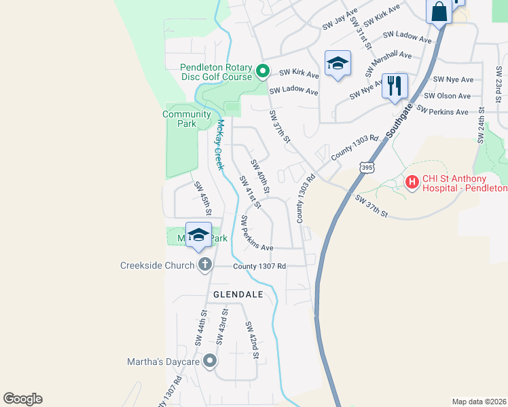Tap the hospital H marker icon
(x=412, y=182)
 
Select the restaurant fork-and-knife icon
(x=395, y=85)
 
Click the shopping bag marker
(x=439, y=12)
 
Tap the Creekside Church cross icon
(x=204, y=265)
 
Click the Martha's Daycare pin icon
(x=210, y=361)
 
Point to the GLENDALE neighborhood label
(x=238, y=294)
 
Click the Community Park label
(x=187, y=119)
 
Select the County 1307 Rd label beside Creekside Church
(x=259, y=266)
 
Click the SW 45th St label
(x=202, y=198)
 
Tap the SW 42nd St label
(x=251, y=341)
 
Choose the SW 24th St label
(x=481, y=125)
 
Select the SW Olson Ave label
(x=452, y=96)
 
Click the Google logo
(x=22, y=399)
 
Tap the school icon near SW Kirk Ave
(x=338, y=64)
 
